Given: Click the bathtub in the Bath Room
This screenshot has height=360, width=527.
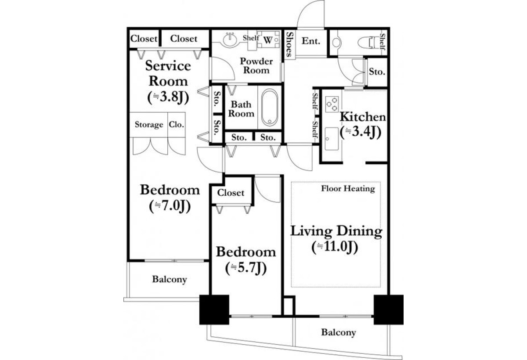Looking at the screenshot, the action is point(270,107).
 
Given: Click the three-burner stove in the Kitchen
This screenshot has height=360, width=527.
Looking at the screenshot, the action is point(332,104).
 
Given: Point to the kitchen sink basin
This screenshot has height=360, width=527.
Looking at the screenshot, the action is point(332,139).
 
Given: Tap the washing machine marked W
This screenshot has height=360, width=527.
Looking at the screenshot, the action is point(268,40).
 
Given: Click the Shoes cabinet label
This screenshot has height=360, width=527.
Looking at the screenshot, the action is point(289,44).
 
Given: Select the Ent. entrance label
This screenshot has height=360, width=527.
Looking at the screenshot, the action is point(311,41).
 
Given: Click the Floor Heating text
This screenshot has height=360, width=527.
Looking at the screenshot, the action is point(348,189).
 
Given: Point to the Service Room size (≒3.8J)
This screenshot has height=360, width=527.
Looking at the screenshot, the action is point(168,97).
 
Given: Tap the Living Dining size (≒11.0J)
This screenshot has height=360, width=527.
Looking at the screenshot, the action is point(335,247).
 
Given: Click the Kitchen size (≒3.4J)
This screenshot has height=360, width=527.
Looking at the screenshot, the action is point(361,132).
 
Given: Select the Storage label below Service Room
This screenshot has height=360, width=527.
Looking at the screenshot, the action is point(149,124).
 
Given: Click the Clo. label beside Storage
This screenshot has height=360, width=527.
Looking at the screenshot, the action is point(177,124).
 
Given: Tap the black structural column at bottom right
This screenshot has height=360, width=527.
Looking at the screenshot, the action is point(388,310).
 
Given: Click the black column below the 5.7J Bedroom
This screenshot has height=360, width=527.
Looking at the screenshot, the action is point(214,310).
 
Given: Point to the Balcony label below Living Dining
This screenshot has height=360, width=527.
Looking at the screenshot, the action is point(339,332).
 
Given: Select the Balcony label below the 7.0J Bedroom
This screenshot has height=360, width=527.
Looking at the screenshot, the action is point(170,279).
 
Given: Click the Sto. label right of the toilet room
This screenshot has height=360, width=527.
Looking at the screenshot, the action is point(377,72).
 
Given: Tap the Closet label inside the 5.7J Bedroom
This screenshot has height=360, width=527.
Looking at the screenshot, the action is point(231,193).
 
